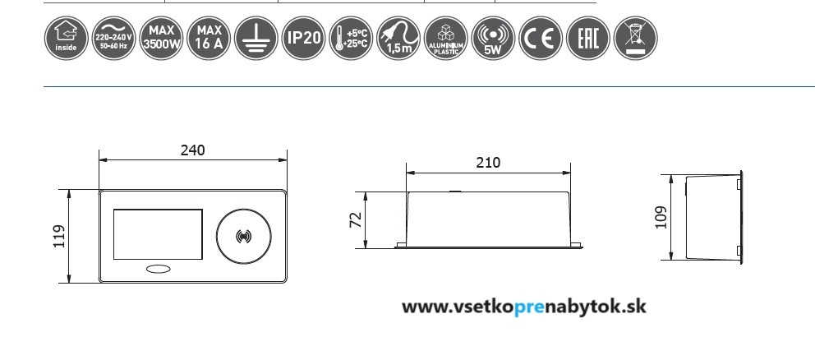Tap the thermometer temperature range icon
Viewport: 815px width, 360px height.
pyautogui.click(x=350, y=37)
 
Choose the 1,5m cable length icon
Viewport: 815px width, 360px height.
pyautogui.click(x=398, y=37)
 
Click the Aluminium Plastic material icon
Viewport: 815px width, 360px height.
pyautogui.click(x=445, y=37)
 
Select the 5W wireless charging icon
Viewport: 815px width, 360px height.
pyautogui.click(x=493, y=37)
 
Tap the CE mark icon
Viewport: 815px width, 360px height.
pyautogui.click(x=541, y=37)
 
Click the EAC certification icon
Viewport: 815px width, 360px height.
pyautogui.click(x=588, y=37)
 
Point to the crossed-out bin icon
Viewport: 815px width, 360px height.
pyautogui.click(x=636, y=37)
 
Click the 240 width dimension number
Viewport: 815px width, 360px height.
pyautogui.click(x=192, y=150)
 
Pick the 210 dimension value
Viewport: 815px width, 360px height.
pyautogui.click(x=488, y=163)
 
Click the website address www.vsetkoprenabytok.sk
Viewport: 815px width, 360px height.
pyautogui.click(x=523, y=307)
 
